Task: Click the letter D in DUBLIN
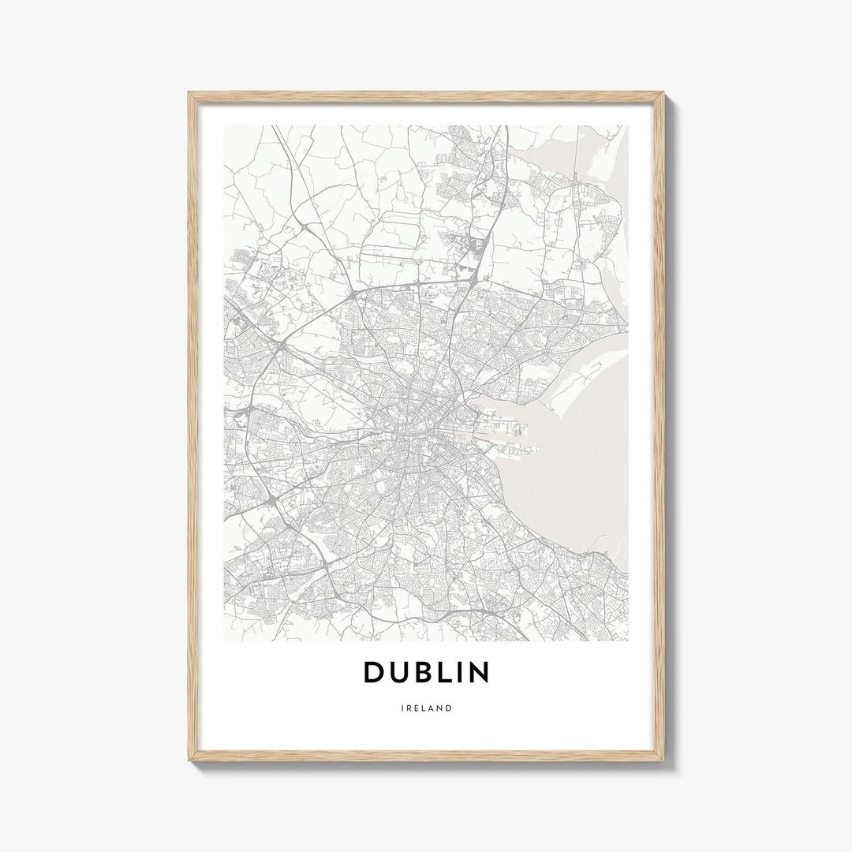(x=375, y=672)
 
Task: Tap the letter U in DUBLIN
(x=402, y=673)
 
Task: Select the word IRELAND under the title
(x=426, y=708)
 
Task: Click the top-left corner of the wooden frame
(x=190, y=94)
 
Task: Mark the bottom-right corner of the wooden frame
(x=663, y=759)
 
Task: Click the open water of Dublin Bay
(x=568, y=465)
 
